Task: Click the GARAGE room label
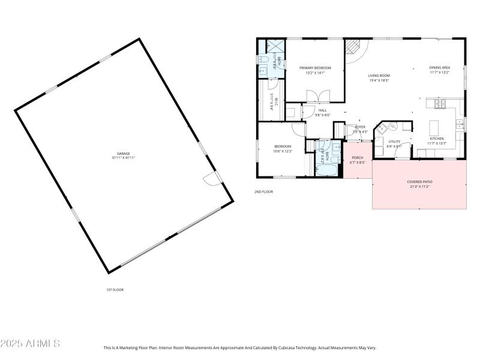point(123,154)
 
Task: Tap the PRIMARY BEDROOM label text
point(315,68)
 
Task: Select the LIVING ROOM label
point(379,76)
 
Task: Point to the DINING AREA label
point(440,68)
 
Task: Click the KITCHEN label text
point(436,139)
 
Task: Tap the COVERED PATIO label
point(419,182)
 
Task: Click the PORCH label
point(357,158)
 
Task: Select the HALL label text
point(323,110)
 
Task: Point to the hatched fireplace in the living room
point(355,48)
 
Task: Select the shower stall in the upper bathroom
point(275,46)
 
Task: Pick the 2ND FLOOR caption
point(263,191)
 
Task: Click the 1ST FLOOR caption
point(115,290)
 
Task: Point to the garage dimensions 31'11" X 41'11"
point(123,158)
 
